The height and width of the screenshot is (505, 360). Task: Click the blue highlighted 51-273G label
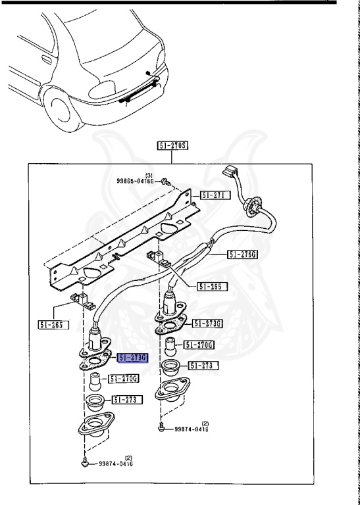pos(134,358)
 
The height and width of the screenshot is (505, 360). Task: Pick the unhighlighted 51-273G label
pos(209,324)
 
